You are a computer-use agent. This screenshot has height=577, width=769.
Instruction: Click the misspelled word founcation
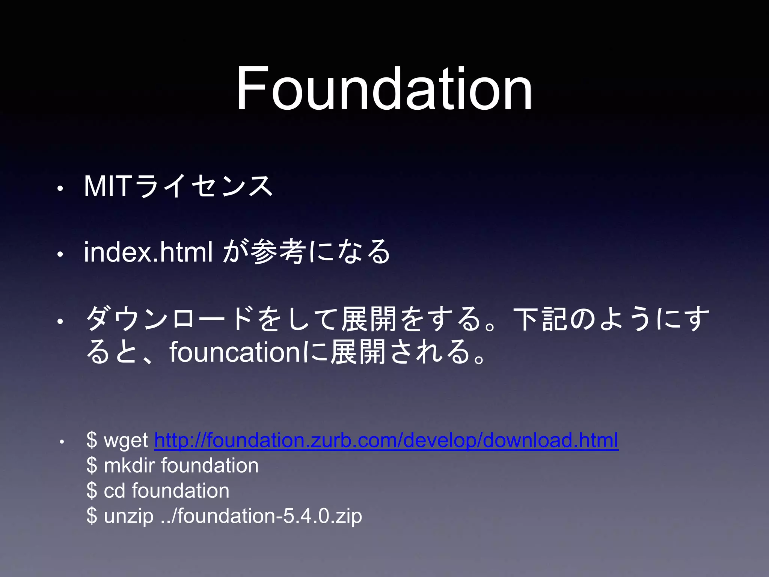click(234, 352)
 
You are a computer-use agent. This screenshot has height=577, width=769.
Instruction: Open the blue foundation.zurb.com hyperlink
click(386, 440)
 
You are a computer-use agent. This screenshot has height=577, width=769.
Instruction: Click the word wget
click(126, 440)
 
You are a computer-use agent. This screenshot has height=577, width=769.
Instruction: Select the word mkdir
click(129, 465)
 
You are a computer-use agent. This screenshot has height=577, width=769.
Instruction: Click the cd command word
click(114, 491)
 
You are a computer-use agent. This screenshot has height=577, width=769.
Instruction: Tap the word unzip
click(128, 516)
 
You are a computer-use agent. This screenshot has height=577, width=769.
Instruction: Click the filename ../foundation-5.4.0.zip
click(261, 516)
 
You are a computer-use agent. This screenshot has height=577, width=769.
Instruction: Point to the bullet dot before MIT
click(59, 189)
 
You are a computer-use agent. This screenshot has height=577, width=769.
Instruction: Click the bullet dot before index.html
click(59, 255)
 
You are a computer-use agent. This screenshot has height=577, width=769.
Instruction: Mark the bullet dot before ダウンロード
click(59, 322)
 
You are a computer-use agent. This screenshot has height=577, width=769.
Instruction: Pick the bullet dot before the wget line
click(62, 442)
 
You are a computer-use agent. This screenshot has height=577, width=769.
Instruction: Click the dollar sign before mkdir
click(92, 465)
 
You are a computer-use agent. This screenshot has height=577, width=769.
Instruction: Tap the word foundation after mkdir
click(210, 465)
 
